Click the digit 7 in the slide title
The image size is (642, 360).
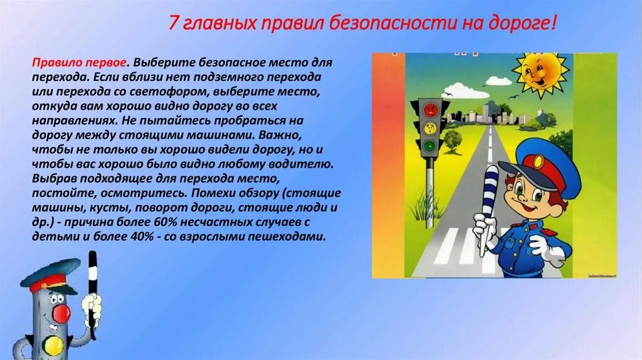pos(174,24)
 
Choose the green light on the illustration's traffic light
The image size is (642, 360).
pos(429,147)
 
